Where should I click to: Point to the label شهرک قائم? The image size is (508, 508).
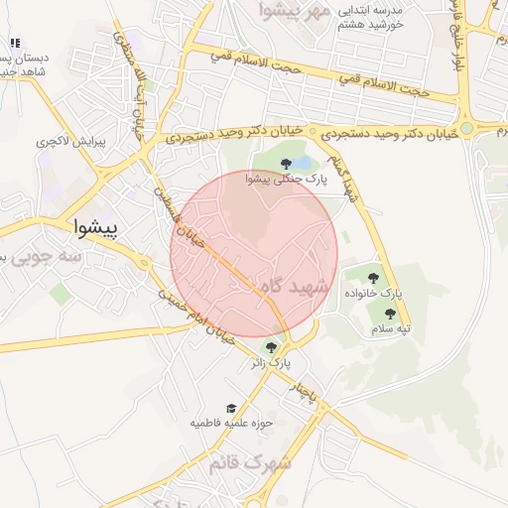tap(251, 463)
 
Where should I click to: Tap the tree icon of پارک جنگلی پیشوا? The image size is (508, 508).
tap(285, 163)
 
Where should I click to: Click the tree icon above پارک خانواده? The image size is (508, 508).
tap(374, 278)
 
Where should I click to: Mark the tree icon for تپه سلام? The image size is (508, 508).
tap(387, 314)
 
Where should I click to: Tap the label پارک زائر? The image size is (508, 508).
tap(271, 364)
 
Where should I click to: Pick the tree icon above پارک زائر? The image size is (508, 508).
tap(271, 347)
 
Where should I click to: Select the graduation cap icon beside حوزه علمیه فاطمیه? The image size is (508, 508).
tap(231, 408)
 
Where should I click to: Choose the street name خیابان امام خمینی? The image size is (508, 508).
tap(203, 317)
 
